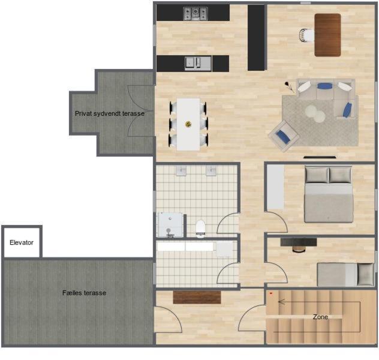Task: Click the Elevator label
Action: (x=22, y=242)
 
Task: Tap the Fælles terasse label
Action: (x=84, y=293)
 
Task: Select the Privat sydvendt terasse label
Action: (x=110, y=113)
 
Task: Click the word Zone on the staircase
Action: (x=320, y=317)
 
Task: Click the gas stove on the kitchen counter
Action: (x=195, y=14)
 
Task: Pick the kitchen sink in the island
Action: (x=198, y=64)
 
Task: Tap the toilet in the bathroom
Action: (x=200, y=229)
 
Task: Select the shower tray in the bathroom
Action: (x=170, y=225)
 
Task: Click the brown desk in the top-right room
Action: (x=328, y=35)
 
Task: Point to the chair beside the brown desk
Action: (x=306, y=35)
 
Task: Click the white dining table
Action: (x=188, y=124)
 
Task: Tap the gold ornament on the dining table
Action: (x=188, y=124)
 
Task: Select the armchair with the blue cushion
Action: (x=284, y=136)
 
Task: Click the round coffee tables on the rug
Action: (x=315, y=114)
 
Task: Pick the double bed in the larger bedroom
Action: (x=328, y=194)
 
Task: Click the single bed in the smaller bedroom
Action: (x=345, y=275)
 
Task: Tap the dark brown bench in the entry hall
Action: (x=197, y=298)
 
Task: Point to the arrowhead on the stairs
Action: (x=281, y=302)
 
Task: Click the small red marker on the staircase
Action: (x=271, y=293)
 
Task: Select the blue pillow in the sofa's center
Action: (x=324, y=86)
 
